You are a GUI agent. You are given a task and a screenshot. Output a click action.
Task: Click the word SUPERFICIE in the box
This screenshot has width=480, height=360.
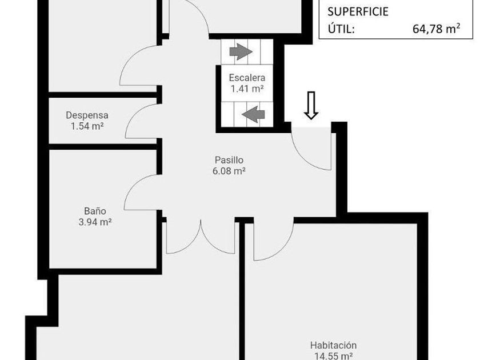tap(358, 11)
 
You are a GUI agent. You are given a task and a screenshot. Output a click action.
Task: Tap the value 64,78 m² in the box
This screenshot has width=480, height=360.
tap(436, 29)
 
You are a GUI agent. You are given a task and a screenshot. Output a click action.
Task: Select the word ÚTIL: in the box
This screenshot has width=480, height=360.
tap(341, 29)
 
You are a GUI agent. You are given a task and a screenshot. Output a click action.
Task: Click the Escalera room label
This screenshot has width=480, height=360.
tap(247, 78)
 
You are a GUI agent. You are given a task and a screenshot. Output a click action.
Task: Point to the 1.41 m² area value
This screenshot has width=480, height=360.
tap(247, 89)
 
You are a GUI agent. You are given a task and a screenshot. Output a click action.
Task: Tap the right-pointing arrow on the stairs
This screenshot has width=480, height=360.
tap(241, 53)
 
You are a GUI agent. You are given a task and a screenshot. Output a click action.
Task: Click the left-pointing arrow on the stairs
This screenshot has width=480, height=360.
tap(253, 114)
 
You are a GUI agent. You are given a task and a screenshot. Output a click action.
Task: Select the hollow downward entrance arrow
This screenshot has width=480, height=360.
tap(311, 106)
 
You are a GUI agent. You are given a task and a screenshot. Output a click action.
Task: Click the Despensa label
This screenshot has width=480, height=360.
tap(87, 115)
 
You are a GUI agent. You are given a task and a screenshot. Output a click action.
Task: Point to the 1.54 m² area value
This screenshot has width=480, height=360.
tap(87, 125)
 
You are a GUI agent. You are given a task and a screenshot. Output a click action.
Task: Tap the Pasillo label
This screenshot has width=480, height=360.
tap(229, 160)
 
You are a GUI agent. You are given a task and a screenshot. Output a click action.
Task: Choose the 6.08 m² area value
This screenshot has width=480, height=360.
tap(229, 170)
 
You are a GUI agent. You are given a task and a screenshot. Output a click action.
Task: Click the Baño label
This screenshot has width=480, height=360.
tap(95, 211)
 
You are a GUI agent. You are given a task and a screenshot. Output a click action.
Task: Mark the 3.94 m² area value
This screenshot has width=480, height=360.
tap(95, 222)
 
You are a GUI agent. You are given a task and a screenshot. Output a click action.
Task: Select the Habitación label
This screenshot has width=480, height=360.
tap(333, 345)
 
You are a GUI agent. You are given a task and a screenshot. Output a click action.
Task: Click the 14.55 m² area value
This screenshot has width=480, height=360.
tap(333, 355)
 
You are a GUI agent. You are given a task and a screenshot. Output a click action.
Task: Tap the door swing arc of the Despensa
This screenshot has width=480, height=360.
tap(135, 117)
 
